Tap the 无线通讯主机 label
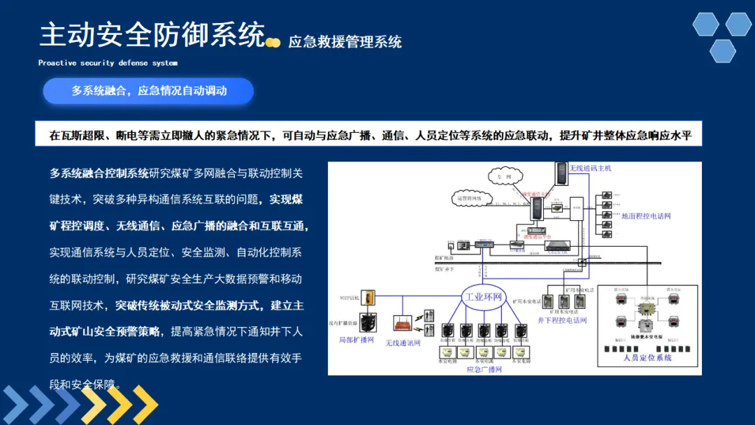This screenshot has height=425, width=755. [591, 168]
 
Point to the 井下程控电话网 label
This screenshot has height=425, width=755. [562, 320]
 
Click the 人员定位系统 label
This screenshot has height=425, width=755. [647, 357]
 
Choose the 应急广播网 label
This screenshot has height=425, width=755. [484, 369]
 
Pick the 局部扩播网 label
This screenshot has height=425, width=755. [356, 340]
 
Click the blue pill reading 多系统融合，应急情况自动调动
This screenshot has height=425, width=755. [148, 91]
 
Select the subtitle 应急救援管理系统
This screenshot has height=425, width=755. [345, 42]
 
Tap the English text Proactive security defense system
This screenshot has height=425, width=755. [108, 63]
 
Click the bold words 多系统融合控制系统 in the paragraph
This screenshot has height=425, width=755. [99, 173]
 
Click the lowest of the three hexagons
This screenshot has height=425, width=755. [722, 51]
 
